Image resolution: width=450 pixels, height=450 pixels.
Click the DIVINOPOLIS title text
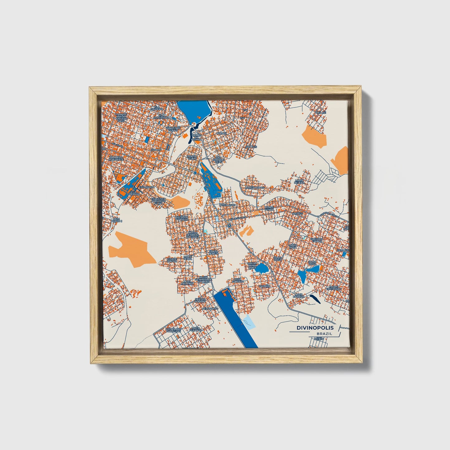tap(315, 328)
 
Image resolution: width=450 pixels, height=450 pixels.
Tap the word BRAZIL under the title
tap(324, 334)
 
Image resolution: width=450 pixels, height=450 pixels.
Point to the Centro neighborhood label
tap(156, 150)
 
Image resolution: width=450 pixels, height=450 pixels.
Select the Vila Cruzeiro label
tap(157, 108)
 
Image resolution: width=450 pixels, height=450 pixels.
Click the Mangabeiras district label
tap(255, 188)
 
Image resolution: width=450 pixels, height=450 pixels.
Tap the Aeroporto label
tap(210, 308)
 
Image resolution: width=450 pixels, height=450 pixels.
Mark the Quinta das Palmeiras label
tap(174, 330)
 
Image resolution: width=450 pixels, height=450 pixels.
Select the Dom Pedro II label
tap(118, 220)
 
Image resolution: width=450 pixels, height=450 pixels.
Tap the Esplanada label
tap(146, 187)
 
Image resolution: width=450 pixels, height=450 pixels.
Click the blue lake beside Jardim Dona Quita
tap(261, 268)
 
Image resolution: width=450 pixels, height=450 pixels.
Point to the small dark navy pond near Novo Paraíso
tap(314, 299)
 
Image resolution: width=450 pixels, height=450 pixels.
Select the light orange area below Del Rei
tap(314, 136)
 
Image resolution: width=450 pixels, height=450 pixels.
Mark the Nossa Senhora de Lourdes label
tap(204, 279)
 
